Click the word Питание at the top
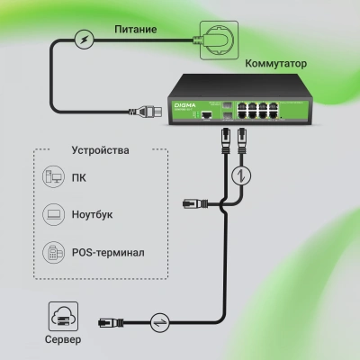[x=136, y=30]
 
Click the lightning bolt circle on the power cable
[x=84, y=40]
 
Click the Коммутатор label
[x=275, y=65]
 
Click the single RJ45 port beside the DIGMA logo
[x=208, y=117]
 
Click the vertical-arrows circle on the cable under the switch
[x=239, y=175]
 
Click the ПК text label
[x=79, y=177]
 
